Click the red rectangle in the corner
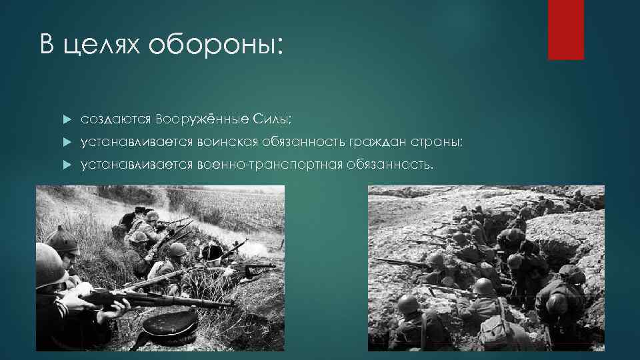pyautogui.click(x=565, y=29)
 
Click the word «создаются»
pyautogui.click(x=116, y=119)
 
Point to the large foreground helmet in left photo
pyautogui.click(x=50, y=263)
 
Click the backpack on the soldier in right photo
pyautogui.click(x=494, y=326)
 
